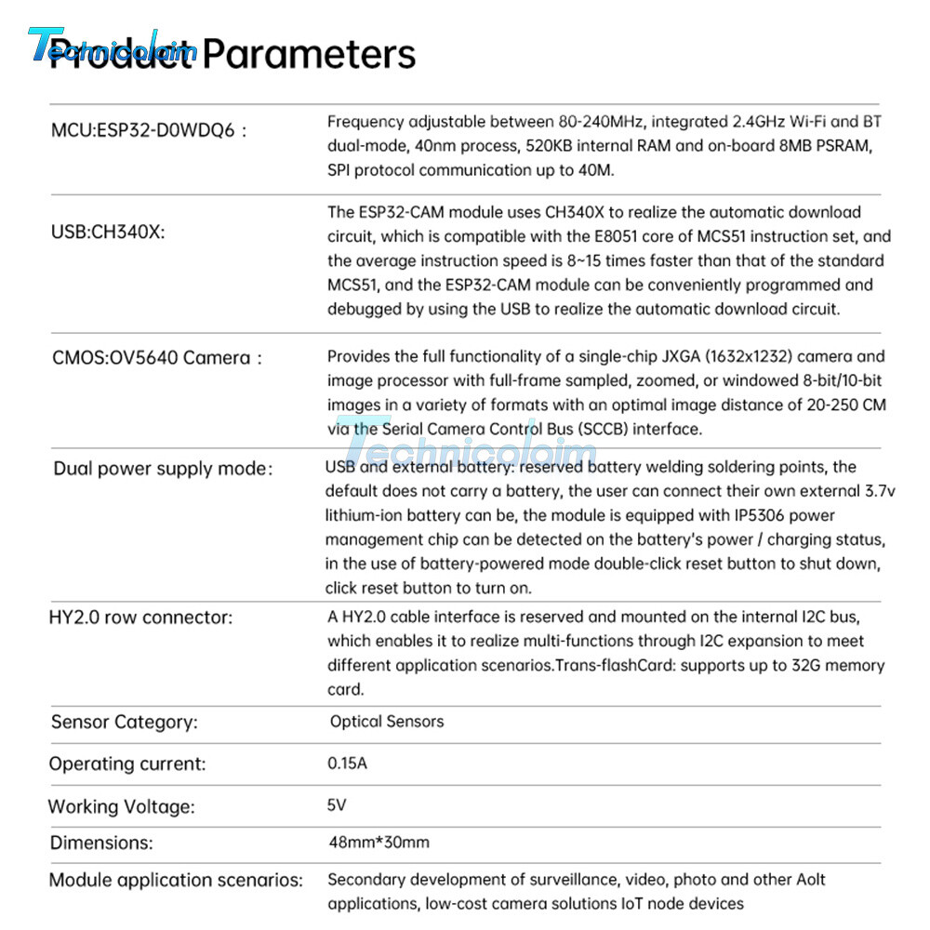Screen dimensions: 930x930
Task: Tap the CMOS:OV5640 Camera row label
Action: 157,358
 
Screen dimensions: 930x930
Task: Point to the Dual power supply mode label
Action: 163,469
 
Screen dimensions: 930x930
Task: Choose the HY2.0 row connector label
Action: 140,618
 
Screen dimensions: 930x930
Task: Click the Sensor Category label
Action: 124,722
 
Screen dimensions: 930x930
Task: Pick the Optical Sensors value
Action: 387,722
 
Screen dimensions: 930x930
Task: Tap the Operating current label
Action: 127,764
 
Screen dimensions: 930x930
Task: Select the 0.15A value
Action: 348,764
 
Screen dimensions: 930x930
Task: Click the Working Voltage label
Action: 122,806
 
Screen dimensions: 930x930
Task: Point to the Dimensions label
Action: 101,844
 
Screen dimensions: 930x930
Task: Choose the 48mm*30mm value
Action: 379,843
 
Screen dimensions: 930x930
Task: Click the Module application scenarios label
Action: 176,880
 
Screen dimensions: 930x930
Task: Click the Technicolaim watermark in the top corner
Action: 112,45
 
